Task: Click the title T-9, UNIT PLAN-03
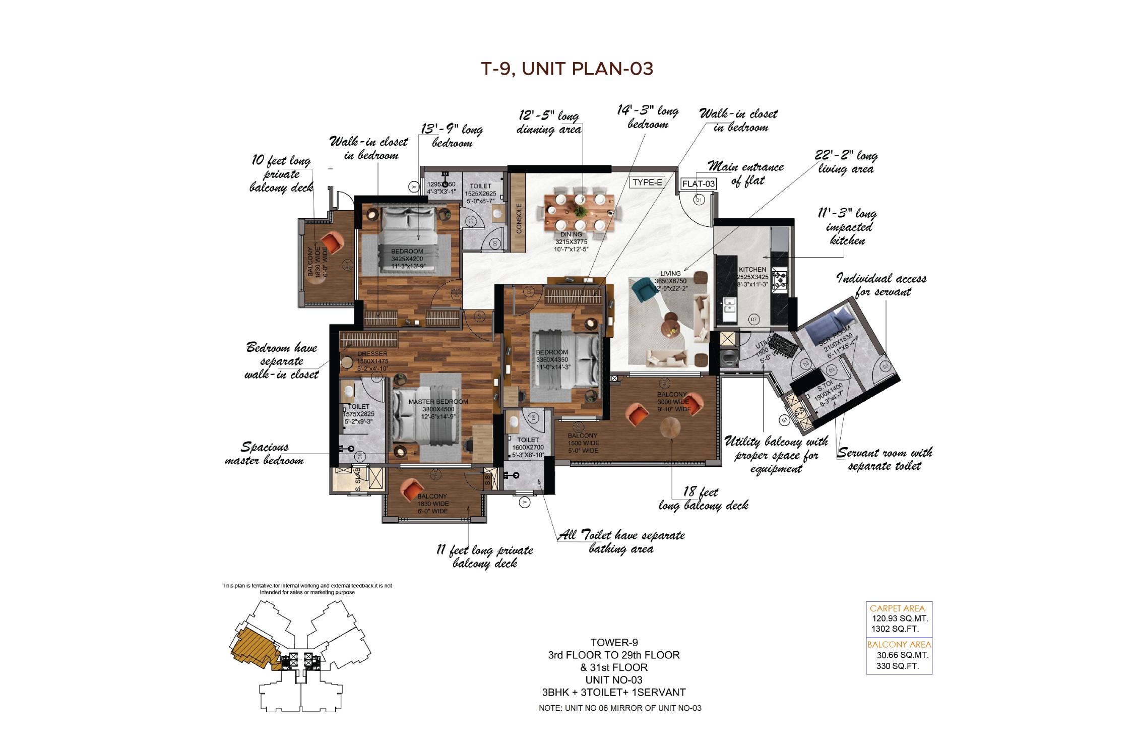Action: click(567, 69)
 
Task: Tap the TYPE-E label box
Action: click(647, 182)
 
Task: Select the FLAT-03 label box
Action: click(699, 184)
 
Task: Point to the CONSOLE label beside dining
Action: click(519, 218)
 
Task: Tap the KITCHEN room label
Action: click(752, 270)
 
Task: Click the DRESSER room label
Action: click(372, 354)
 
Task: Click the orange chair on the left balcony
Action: click(331, 243)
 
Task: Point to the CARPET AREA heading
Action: click(897, 608)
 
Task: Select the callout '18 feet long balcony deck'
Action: click(703, 499)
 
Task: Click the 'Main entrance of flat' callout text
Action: click(746, 173)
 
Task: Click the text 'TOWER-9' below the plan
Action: click(614, 642)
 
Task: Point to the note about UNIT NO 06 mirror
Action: click(620, 708)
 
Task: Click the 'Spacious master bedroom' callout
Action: click(265, 453)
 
